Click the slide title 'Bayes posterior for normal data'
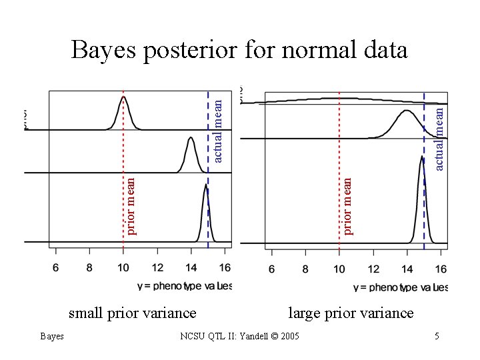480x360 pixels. point(239,50)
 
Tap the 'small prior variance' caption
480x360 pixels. point(133,313)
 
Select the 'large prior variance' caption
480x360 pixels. point(350,313)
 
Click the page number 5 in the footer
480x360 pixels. point(437,336)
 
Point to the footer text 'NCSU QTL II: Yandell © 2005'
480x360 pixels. point(240,336)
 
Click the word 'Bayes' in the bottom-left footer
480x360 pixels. point(51,336)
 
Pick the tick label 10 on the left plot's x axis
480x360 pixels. point(123,267)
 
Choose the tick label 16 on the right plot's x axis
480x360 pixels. point(441,269)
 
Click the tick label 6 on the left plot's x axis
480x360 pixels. point(55,267)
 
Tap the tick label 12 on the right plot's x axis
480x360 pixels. point(373,269)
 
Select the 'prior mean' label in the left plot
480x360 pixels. point(131,205)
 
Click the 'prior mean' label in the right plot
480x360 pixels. point(347,205)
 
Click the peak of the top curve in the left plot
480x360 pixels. point(123,97)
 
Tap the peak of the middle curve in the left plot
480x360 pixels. point(191,140)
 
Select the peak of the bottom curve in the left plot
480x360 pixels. point(205,186)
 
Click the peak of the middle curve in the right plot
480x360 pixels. point(407,111)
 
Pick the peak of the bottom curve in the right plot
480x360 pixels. point(422,157)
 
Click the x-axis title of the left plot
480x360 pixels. point(184,285)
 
